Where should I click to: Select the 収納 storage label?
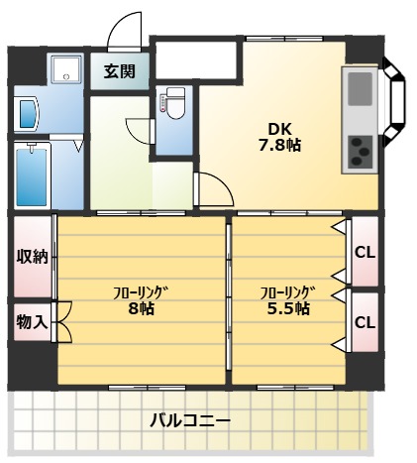click(31, 256)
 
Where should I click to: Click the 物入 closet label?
click(31, 323)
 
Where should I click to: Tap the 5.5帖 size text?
click(287, 308)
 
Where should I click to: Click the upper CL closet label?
click(365, 252)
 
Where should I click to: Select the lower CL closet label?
click(365, 322)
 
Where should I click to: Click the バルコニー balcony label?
click(190, 420)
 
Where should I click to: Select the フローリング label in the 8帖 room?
click(140, 291)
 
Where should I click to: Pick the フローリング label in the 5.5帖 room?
click(287, 291)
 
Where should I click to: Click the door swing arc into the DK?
click(214, 189)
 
